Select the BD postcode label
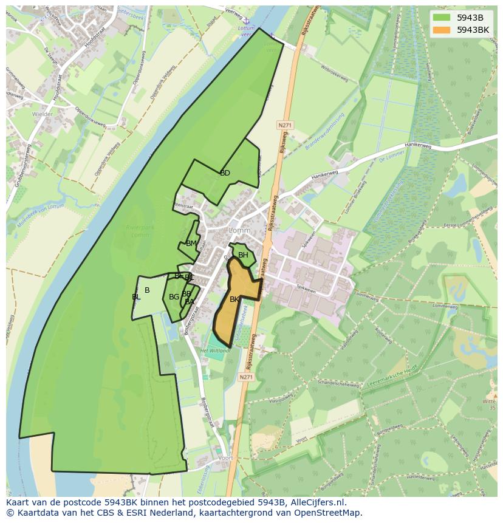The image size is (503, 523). pos(225,173)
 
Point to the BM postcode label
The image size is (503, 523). pos(191,244)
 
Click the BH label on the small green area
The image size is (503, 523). pos(243,255)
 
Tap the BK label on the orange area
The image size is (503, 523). pos(234,299)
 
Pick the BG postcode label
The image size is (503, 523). pos(174,296)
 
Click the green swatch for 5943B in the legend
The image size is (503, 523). pos(442,18)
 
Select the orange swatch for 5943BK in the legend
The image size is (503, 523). pos(442,30)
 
